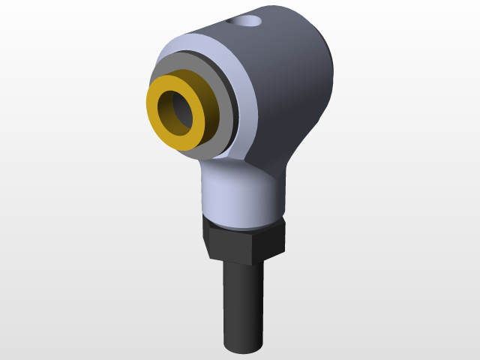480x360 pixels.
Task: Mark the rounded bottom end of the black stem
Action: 244,347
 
